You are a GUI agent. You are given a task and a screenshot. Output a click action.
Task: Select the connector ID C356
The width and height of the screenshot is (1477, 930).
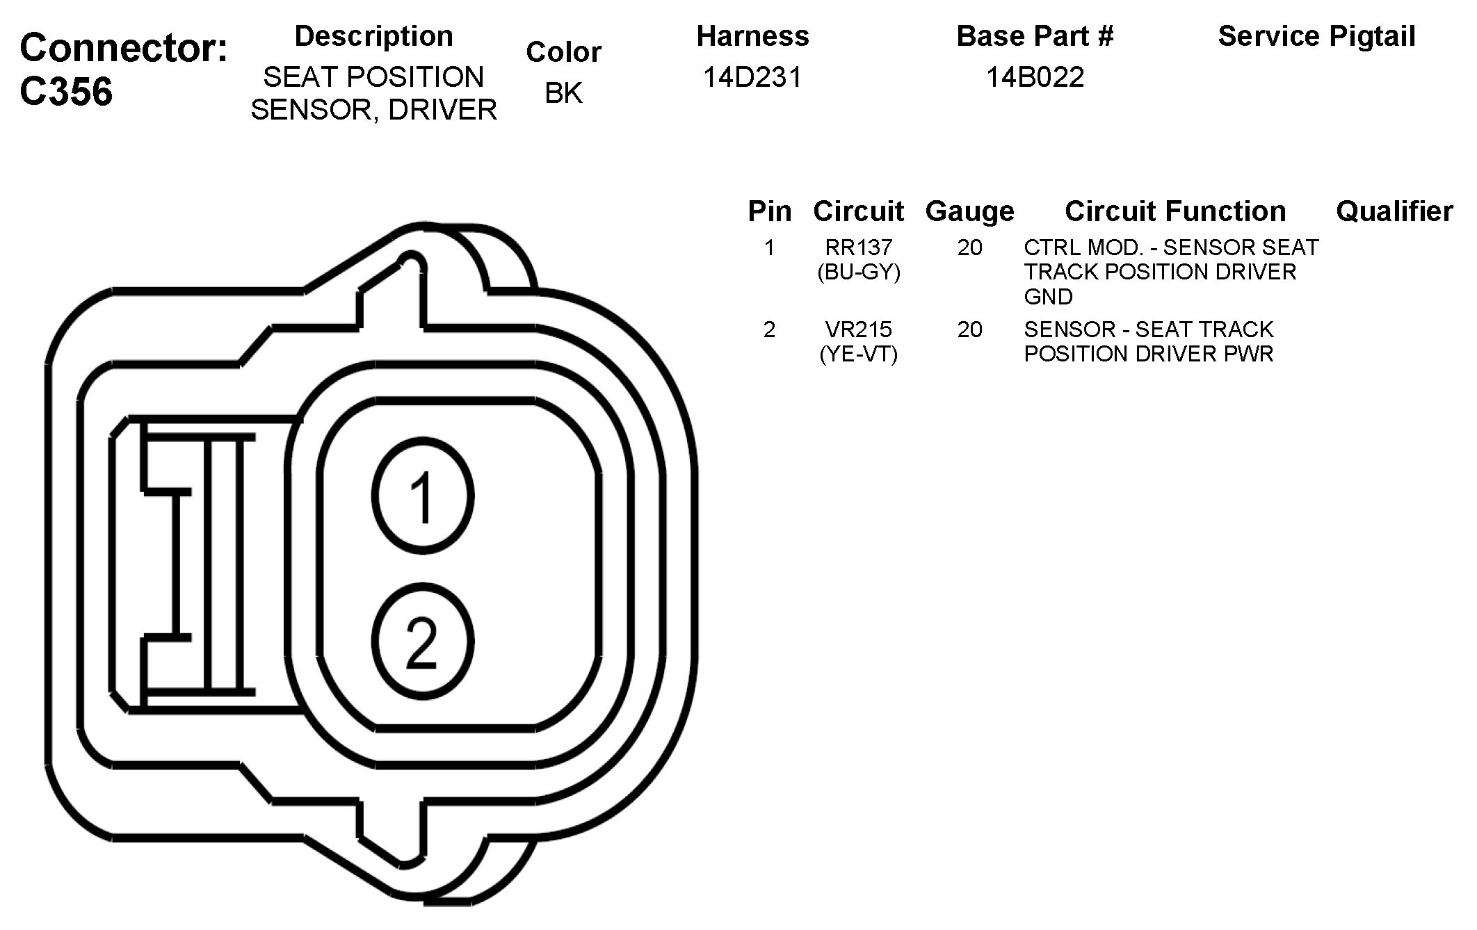click(66, 91)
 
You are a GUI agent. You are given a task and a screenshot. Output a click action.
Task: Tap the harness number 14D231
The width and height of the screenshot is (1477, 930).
click(752, 77)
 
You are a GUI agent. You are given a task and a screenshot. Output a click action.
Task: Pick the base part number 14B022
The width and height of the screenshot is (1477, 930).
click(1035, 77)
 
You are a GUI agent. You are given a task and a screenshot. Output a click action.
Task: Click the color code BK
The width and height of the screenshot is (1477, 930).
click(563, 93)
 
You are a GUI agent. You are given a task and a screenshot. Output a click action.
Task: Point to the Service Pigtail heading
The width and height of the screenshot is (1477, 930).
click(1316, 36)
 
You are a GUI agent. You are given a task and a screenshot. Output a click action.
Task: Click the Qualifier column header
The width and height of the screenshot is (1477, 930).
click(1394, 211)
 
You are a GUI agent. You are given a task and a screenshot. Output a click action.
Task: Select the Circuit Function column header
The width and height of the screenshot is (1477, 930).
click(1175, 211)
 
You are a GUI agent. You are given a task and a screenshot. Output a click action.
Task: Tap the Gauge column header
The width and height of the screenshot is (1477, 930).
click(969, 211)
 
